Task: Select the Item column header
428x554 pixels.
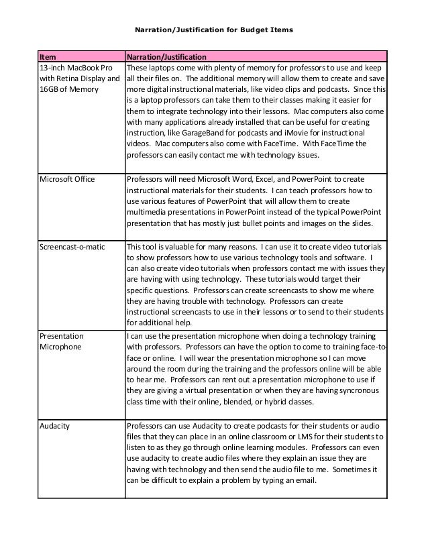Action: [48, 57]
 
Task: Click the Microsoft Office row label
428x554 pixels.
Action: [67, 179]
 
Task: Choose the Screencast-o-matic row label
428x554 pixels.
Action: [72, 246]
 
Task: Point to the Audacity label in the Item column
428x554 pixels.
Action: [56, 427]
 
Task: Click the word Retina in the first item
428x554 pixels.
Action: [73, 78]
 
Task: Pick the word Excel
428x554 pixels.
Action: [267, 179]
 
